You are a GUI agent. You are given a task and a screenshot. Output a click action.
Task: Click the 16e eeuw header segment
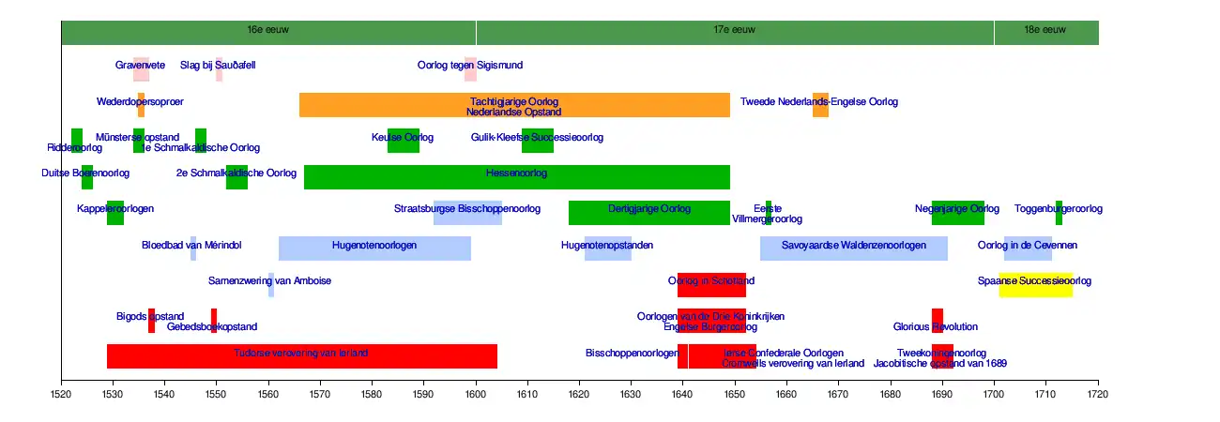coord(268,31)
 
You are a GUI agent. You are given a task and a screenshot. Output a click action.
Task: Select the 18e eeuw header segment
coord(1045,31)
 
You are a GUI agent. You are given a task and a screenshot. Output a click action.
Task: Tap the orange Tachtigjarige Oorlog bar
coord(514,105)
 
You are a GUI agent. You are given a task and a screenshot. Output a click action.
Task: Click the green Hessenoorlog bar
coord(516,176)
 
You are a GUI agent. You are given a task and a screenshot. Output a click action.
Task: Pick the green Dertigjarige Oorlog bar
coord(648,212)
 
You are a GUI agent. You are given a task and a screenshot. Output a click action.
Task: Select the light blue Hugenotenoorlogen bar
coord(374,248)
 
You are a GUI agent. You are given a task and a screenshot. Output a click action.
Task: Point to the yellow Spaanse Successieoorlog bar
coord(1035,284)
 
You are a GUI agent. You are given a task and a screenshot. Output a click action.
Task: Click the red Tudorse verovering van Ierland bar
coord(301,356)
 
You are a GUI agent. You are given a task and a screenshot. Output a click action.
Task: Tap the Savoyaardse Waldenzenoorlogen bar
coord(853,248)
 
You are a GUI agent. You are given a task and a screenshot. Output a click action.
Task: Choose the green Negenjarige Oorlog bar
coord(957,212)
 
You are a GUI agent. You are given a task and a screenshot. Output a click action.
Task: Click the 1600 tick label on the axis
coord(476,397)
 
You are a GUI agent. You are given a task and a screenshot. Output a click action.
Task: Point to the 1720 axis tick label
coord(1098,397)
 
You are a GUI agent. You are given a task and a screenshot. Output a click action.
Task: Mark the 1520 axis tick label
coord(62,397)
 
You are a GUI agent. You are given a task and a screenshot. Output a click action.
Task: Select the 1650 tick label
coord(735,397)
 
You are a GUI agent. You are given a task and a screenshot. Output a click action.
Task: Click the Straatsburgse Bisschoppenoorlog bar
coord(467,212)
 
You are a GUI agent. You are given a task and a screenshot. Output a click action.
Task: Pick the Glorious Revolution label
coord(936,327)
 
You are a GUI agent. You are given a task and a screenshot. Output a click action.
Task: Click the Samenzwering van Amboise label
coord(269,280)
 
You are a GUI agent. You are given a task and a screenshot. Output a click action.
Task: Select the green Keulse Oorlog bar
coord(404,141)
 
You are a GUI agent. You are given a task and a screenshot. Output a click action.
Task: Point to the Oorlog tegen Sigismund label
coord(470,66)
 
